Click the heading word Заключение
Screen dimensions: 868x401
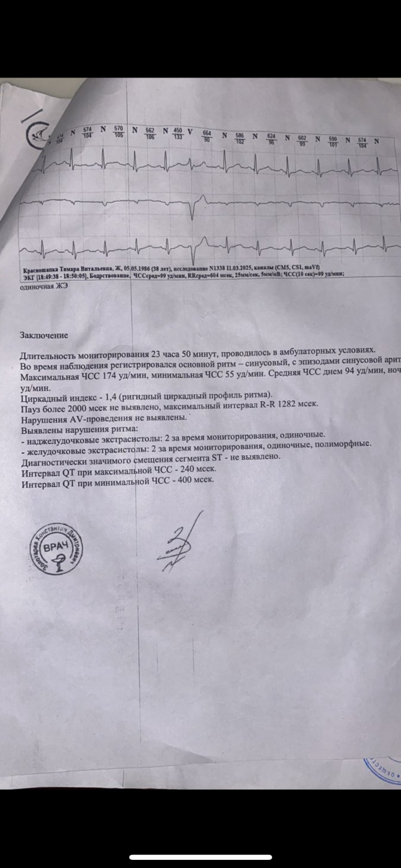[43, 336]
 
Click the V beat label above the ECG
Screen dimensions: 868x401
[190, 132]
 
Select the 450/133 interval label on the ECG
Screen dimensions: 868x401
[178, 133]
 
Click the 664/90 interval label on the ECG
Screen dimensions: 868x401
[207, 136]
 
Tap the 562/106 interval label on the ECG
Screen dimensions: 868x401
[150, 133]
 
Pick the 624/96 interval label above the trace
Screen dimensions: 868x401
[271, 139]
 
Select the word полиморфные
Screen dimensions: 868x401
[343, 445]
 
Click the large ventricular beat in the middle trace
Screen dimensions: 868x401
[193, 208]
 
